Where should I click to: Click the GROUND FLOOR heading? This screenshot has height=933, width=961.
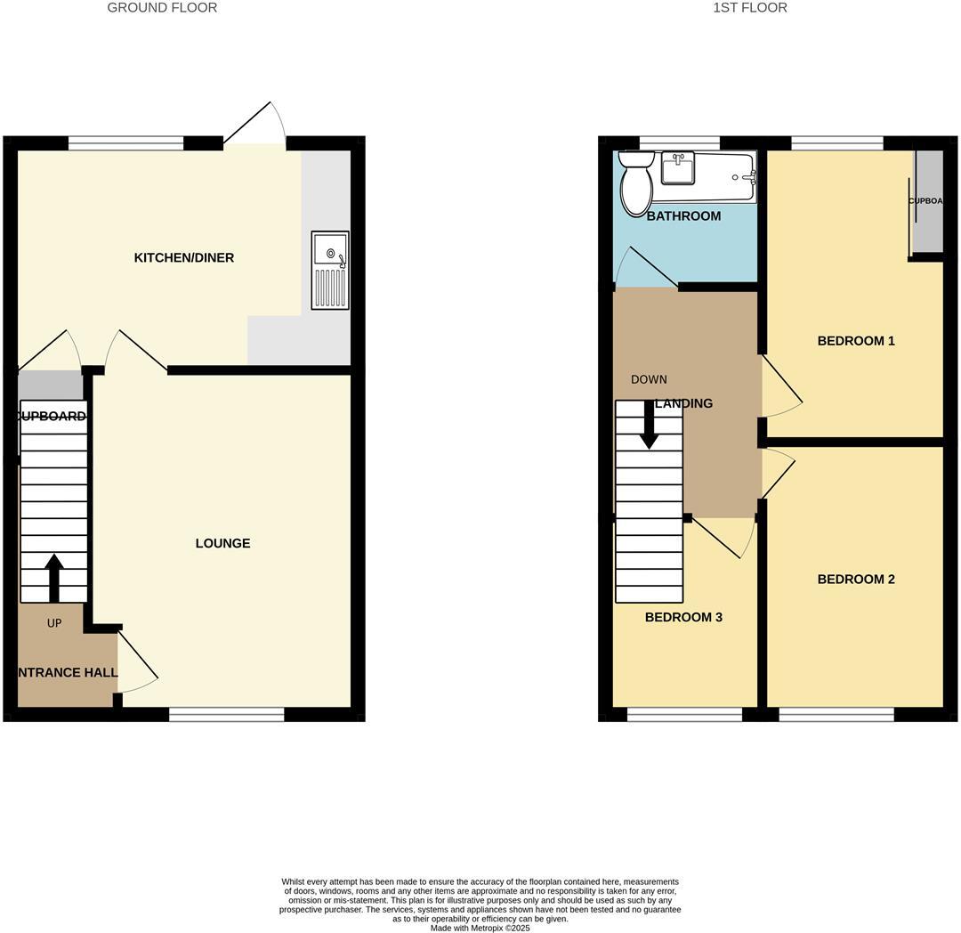[x=162, y=8]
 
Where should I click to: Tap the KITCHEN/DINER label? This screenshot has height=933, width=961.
[x=183, y=258]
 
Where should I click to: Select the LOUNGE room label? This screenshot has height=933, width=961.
[x=222, y=543]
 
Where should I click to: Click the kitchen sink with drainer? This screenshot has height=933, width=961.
[x=330, y=271]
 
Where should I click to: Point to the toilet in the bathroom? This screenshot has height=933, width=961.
[x=636, y=183]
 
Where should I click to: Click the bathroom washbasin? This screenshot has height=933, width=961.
[x=678, y=168]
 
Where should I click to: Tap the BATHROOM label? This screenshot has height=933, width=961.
[x=683, y=216]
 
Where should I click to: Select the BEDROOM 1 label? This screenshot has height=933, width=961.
[x=856, y=341]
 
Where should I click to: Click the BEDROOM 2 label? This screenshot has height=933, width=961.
[x=856, y=580]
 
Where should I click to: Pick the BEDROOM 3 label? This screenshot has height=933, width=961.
[x=683, y=617]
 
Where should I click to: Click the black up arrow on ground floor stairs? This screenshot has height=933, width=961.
[x=54, y=577]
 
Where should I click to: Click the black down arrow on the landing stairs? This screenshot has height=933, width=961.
[x=650, y=425]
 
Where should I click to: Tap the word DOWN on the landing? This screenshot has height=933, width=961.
[x=649, y=379]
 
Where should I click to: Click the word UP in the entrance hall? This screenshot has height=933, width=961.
[x=54, y=623]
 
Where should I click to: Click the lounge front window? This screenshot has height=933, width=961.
[x=227, y=714]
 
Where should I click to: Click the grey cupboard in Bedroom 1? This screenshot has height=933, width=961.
[x=928, y=201]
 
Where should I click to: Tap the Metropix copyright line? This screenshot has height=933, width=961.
[x=480, y=928]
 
